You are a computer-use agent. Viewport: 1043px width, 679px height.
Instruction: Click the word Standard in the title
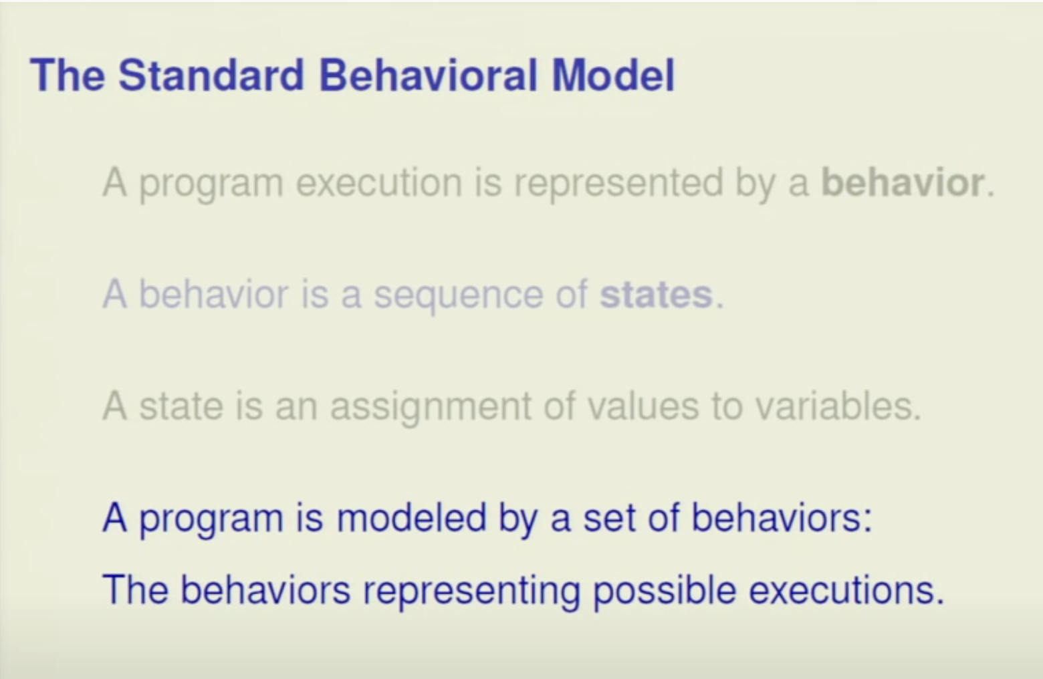tap(211, 75)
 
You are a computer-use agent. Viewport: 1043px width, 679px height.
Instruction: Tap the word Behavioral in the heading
tap(429, 75)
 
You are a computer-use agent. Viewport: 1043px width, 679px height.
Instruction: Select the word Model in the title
tap(613, 75)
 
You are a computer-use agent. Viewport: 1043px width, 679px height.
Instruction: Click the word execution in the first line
tap(379, 183)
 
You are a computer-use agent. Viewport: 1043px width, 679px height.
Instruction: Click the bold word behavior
tap(903, 182)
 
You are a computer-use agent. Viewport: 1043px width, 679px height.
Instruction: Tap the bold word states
tap(656, 294)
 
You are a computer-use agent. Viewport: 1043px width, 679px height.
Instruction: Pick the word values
tap(643, 406)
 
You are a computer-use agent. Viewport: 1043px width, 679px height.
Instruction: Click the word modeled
tap(411, 517)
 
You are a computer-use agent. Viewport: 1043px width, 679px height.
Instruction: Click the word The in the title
tap(68, 75)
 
